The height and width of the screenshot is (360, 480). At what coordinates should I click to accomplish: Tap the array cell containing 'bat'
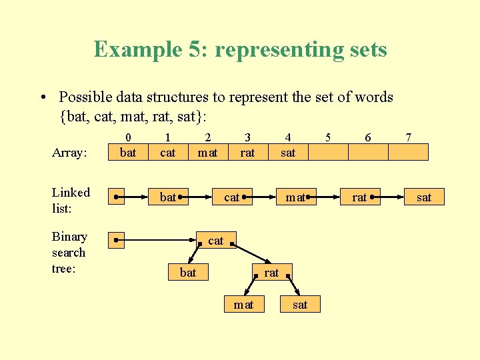pos(128,153)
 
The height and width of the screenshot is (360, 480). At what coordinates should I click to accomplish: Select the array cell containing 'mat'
pos(208,153)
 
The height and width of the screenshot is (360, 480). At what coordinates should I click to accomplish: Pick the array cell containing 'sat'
pos(288,153)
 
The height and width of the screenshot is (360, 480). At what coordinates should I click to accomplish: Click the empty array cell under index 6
pos(368,153)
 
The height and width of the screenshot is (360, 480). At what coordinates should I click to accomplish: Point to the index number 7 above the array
pos(408,137)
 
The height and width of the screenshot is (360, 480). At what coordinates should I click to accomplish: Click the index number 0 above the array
pos(128,137)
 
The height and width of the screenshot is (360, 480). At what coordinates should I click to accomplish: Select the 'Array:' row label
pos(69,153)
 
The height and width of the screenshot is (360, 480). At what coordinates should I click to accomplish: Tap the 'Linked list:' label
pos(71,199)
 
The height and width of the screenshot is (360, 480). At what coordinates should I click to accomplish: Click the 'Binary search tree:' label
pos(69,252)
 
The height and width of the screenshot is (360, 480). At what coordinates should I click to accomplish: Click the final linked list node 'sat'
pos(423,197)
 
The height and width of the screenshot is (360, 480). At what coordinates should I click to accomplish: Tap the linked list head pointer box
pos(117,197)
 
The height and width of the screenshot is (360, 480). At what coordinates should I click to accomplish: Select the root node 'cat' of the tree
pos(216,240)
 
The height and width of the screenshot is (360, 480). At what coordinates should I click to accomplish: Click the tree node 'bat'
pos(189,272)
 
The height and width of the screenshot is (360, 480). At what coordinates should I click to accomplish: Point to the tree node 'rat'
pos(272,272)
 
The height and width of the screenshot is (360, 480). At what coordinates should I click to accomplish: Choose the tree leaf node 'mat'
pos(243,304)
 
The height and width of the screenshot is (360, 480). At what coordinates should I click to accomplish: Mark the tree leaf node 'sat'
pos(300,304)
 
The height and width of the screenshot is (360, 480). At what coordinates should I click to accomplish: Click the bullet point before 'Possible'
pos(43,98)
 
